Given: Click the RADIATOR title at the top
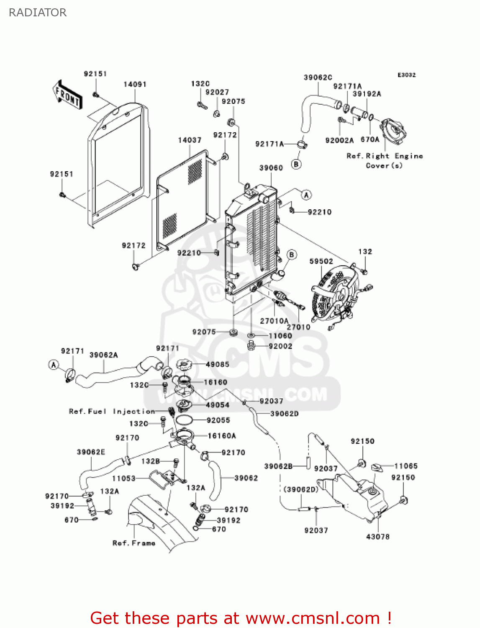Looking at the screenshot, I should pyautogui.click(x=38, y=13).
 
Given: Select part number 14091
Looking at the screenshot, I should pyautogui.click(x=135, y=85).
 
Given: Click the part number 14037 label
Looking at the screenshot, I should pyautogui.click(x=190, y=140).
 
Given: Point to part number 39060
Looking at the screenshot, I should pyautogui.click(x=271, y=168).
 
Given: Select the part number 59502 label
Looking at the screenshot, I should pyautogui.click(x=321, y=261).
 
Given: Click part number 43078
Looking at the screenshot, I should pyautogui.click(x=377, y=537).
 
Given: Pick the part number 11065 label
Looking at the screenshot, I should pyautogui.click(x=406, y=466).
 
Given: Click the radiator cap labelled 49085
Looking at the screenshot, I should pyautogui.click(x=184, y=364).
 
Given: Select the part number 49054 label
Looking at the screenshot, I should pyautogui.click(x=217, y=405).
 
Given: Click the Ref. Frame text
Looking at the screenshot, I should pyautogui.click(x=134, y=543).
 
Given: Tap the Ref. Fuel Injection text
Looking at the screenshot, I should pyautogui.click(x=112, y=412).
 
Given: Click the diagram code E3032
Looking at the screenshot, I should pyautogui.click(x=406, y=75).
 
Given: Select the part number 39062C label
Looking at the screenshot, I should pyautogui.click(x=318, y=77).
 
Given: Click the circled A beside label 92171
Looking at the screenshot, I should pyautogui.click(x=54, y=365).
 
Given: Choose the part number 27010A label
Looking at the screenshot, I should pyautogui.click(x=274, y=321).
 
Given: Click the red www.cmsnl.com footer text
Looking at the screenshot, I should pyautogui.click(x=241, y=618).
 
